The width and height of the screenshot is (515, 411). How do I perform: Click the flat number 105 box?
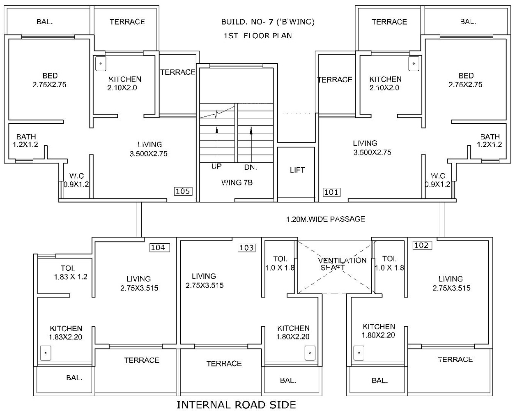point(183,191)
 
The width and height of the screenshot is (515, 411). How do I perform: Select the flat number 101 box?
point(331,192)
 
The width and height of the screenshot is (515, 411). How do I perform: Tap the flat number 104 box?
point(158,247)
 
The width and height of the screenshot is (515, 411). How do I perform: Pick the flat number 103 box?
point(246,248)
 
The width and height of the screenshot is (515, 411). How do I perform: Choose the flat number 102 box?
point(421,245)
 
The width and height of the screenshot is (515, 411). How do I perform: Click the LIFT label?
point(297,170)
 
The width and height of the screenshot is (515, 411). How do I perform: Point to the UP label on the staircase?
point(216,166)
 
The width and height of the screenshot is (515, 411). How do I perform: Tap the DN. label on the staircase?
point(251,167)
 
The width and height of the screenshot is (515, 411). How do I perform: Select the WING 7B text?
point(237,182)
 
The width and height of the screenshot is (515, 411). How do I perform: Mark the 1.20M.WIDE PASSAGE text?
point(325,219)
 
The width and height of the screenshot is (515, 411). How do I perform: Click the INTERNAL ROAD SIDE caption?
point(236,405)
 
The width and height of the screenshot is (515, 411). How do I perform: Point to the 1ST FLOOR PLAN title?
point(257,36)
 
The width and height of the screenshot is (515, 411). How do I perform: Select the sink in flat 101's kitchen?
point(414,64)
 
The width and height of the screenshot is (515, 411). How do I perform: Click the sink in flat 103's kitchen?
point(310,353)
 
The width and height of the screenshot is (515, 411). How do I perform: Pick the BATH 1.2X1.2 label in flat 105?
point(26,140)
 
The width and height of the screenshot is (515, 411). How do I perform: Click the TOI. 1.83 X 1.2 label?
point(71,272)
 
